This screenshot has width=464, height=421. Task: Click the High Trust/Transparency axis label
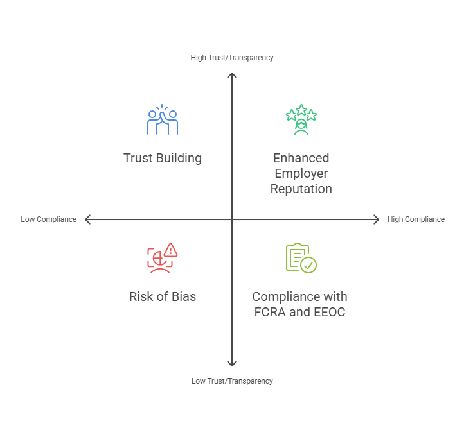pyautogui.click(x=232, y=58)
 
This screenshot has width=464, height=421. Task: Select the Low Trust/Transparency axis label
pyautogui.click(x=232, y=381)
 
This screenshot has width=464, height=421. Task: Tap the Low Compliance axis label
pyautogui.click(x=49, y=219)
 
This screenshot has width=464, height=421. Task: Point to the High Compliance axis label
pyautogui.click(x=416, y=219)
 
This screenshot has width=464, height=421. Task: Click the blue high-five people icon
pyautogui.click(x=163, y=121)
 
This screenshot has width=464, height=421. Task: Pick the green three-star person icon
pyautogui.click(x=301, y=120)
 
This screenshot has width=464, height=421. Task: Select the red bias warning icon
pyautogui.click(x=162, y=258)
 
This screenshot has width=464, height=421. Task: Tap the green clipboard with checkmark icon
pyautogui.click(x=301, y=258)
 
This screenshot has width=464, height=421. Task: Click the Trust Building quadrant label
pyautogui.click(x=163, y=159)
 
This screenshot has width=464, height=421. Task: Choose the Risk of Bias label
pyautogui.click(x=163, y=297)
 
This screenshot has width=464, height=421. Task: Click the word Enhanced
pyautogui.click(x=301, y=159)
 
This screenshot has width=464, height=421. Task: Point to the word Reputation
pyautogui.click(x=301, y=189)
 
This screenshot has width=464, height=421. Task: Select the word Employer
pyautogui.click(x=301, y=174)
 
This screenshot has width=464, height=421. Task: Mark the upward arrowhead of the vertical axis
pyautogui.click(x=232, y=75)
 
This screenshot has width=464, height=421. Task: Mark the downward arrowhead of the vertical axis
pyautogui.click(x=232, y=364)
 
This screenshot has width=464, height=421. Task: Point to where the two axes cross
pyautogui.click(x=232, y=219)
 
